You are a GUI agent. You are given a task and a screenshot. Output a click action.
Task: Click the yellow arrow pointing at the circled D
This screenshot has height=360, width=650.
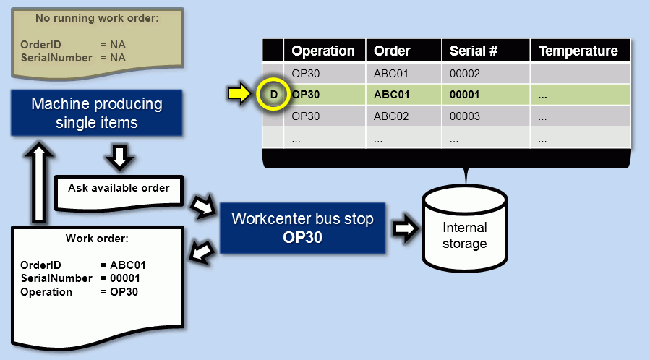click(239, 94)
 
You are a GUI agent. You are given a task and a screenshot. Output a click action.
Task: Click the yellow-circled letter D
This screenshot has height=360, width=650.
click(273, 95)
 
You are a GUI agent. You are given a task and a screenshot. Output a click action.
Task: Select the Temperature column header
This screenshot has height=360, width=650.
click(578, 51)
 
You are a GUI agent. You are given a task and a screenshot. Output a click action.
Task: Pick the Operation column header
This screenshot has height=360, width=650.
click(323, 51)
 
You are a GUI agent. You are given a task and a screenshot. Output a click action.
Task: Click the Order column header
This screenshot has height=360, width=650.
click(392, 51)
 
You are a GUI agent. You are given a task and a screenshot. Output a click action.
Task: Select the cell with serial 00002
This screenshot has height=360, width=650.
click(465, 73)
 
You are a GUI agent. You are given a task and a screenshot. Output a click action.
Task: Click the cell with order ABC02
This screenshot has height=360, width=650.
click(392, 116)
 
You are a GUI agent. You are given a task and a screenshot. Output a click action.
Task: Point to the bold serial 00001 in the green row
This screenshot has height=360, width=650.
click(465, 95)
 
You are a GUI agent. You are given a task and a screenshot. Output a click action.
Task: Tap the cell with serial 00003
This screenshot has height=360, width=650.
click(465, 116)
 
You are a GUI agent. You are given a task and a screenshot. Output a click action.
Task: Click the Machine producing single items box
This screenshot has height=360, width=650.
click(96, 113)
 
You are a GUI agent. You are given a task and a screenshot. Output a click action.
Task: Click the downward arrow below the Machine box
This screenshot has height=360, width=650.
click(120, 157)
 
